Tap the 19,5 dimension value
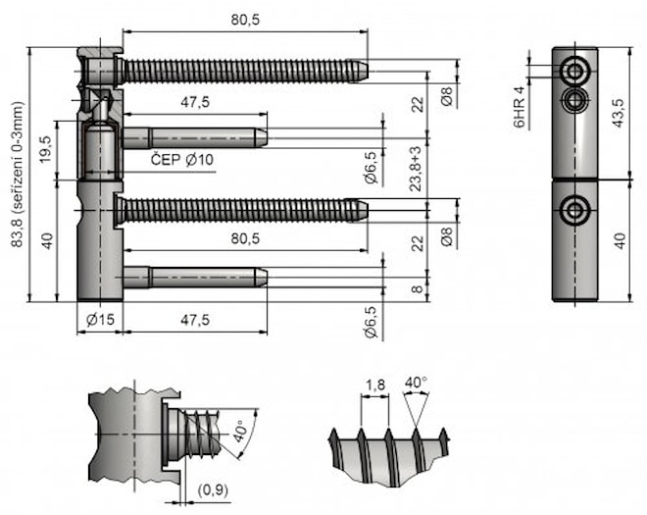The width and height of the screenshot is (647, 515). [x=46, y=149]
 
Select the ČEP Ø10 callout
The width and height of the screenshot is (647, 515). [x=182, y=159]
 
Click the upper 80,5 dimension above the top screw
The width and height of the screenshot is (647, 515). [x=245, y=19]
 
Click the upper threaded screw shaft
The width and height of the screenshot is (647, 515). [x=240, y=71]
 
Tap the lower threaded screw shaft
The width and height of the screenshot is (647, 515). [x=240, y=209]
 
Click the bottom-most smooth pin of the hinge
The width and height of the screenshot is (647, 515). [x=196, y=278]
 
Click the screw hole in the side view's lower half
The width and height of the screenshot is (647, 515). [x=573, y=209]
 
